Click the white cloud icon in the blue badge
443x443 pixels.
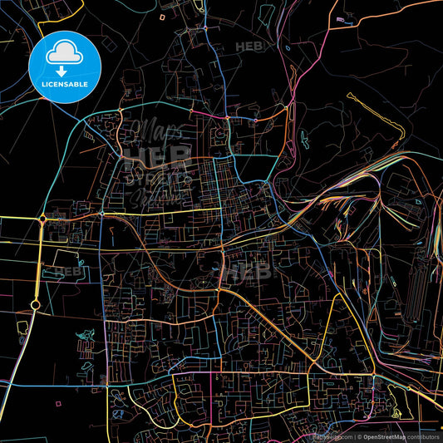pos(66,52)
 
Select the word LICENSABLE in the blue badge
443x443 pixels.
pos(66,84)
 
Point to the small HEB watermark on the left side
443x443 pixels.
pos(69,271)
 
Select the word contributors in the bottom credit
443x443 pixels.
pos(422,436)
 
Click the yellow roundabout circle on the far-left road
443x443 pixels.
pos(35,306)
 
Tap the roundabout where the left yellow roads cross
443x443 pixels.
pos(42,219)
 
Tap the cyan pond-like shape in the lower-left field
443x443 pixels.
pos(83,338)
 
